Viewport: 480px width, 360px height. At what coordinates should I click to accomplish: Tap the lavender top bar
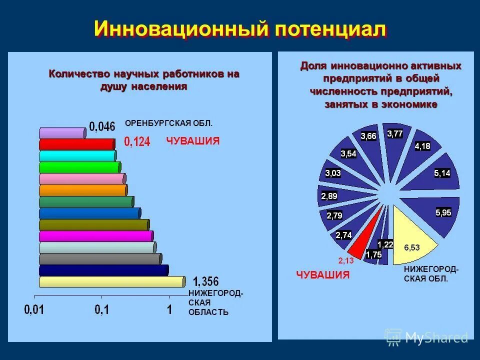click(x=62, y=133)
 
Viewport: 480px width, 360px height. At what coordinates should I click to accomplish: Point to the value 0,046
click(x=102, y=126)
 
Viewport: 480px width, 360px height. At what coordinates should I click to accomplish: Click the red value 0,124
click(x=137, y=142)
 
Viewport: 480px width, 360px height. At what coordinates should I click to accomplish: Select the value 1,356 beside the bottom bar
click(x=205, y=281)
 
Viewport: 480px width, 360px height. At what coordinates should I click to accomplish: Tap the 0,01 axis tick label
click(x=34, y=310)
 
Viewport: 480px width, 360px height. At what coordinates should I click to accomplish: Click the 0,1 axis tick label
click(x=102, y=310)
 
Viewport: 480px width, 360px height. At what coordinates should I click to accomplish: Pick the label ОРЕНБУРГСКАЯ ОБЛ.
click(x=168, y=123)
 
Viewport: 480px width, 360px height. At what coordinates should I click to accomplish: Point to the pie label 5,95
click(x=443, y=212)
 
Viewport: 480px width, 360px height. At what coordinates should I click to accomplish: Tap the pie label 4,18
click(x=422, y=146)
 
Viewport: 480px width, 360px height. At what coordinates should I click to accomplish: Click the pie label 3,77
click(x=394, y=134)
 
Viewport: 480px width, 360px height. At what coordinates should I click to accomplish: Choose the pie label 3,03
click(x=333, y=173)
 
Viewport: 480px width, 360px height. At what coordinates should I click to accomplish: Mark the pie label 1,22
click(x=385, y=244)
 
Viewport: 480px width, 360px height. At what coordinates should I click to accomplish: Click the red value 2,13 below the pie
click(x=346, y=260)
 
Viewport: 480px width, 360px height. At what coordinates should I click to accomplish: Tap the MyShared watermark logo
click(x=426, y=337)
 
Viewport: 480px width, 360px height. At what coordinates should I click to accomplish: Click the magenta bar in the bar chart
click(x=95, y=236)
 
